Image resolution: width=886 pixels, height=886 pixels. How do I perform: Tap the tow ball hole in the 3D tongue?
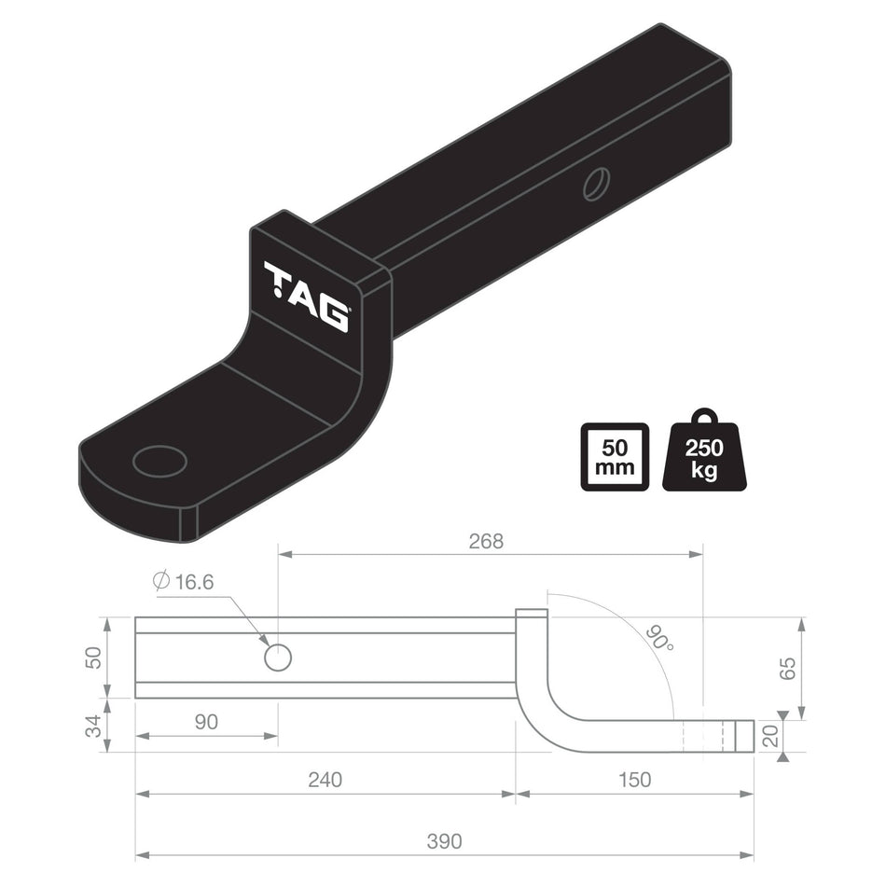[160, 461]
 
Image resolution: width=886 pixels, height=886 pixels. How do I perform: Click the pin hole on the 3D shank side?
[595, 183]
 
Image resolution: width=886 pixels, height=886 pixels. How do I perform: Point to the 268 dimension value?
[485, 542]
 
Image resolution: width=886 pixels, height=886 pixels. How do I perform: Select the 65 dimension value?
[789, 668]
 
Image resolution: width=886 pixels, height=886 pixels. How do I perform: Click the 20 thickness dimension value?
[770, 736]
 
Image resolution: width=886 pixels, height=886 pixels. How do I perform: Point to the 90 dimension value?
[206, 722]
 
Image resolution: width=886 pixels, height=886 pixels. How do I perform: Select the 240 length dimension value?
[324, 779]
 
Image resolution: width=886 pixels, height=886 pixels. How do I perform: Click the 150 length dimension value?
[634, 779]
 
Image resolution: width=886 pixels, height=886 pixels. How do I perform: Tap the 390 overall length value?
[444, 841]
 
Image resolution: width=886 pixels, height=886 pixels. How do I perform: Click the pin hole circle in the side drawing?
[278, 658]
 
